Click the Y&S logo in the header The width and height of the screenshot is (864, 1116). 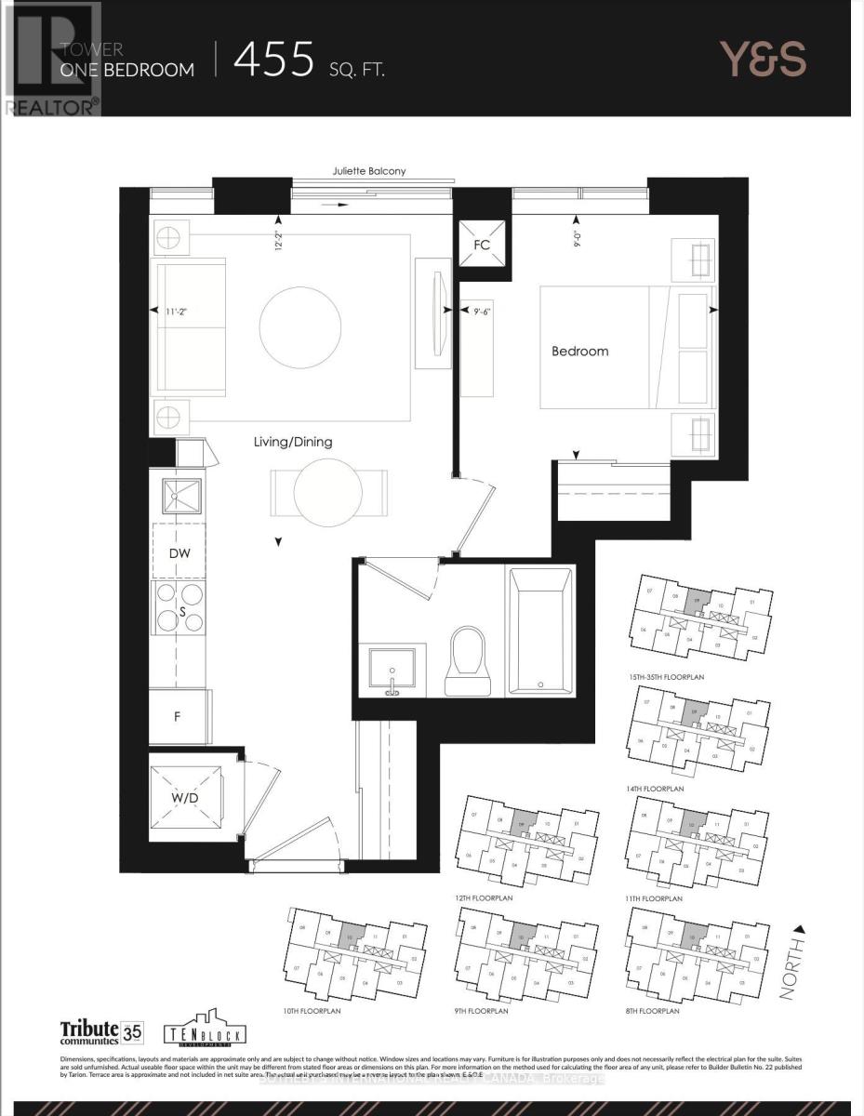pyautogui.click(x=763, y=60)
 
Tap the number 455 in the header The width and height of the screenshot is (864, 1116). pyautogui.click(x=274, y=60)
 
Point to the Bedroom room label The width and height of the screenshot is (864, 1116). pyautogui.click(x=579, y=351)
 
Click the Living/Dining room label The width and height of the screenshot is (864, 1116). pyautogui.click(x=293, y=442)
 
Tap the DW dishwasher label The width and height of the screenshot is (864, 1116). pyautogui.click(x=179, y=553)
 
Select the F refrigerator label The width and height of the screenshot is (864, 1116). pyautogui.click(x=178, y=718)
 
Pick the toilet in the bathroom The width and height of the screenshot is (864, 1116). pyautogui.click(x=466, y=658)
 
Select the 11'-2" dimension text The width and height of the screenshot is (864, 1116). pyautogui.click(x=183, y=313)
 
